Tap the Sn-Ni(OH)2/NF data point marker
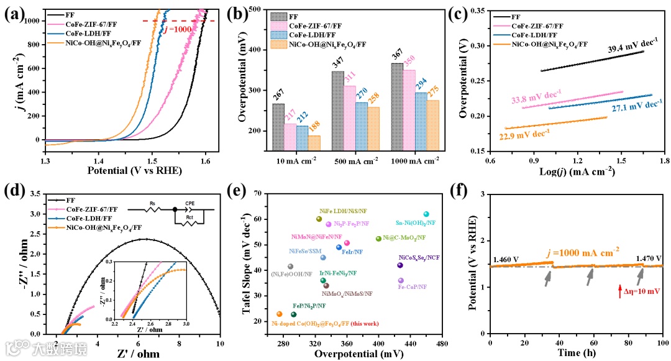(x=426, y=214)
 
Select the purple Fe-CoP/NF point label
(x=412, y=286)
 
